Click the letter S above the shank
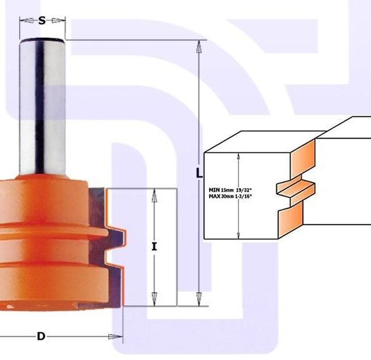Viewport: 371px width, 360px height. [x=42, y=20]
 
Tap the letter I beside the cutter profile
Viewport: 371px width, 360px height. [x=154, y=246]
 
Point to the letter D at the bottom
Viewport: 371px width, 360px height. [x=41, y=336]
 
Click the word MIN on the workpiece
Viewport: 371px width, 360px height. [x=215, y=190]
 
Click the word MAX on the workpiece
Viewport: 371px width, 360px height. [x=216, y=196]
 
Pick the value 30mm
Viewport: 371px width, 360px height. [x=232, y=196]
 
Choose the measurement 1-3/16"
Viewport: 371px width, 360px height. [x=251, y=196]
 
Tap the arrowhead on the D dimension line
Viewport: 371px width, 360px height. [x=115, y=337]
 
